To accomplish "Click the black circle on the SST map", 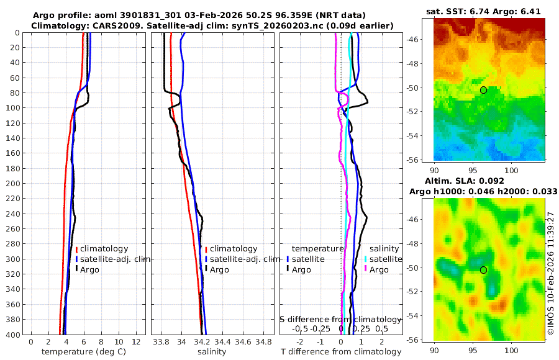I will [483, 90].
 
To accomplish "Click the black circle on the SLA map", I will [483, 270].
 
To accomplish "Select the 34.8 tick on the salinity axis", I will [263, 342].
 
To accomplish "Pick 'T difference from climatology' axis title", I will [341, 352].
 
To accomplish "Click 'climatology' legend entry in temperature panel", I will [104, 249].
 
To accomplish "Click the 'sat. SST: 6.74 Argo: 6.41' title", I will [489, 12].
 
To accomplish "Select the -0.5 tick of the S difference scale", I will [300, 328].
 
